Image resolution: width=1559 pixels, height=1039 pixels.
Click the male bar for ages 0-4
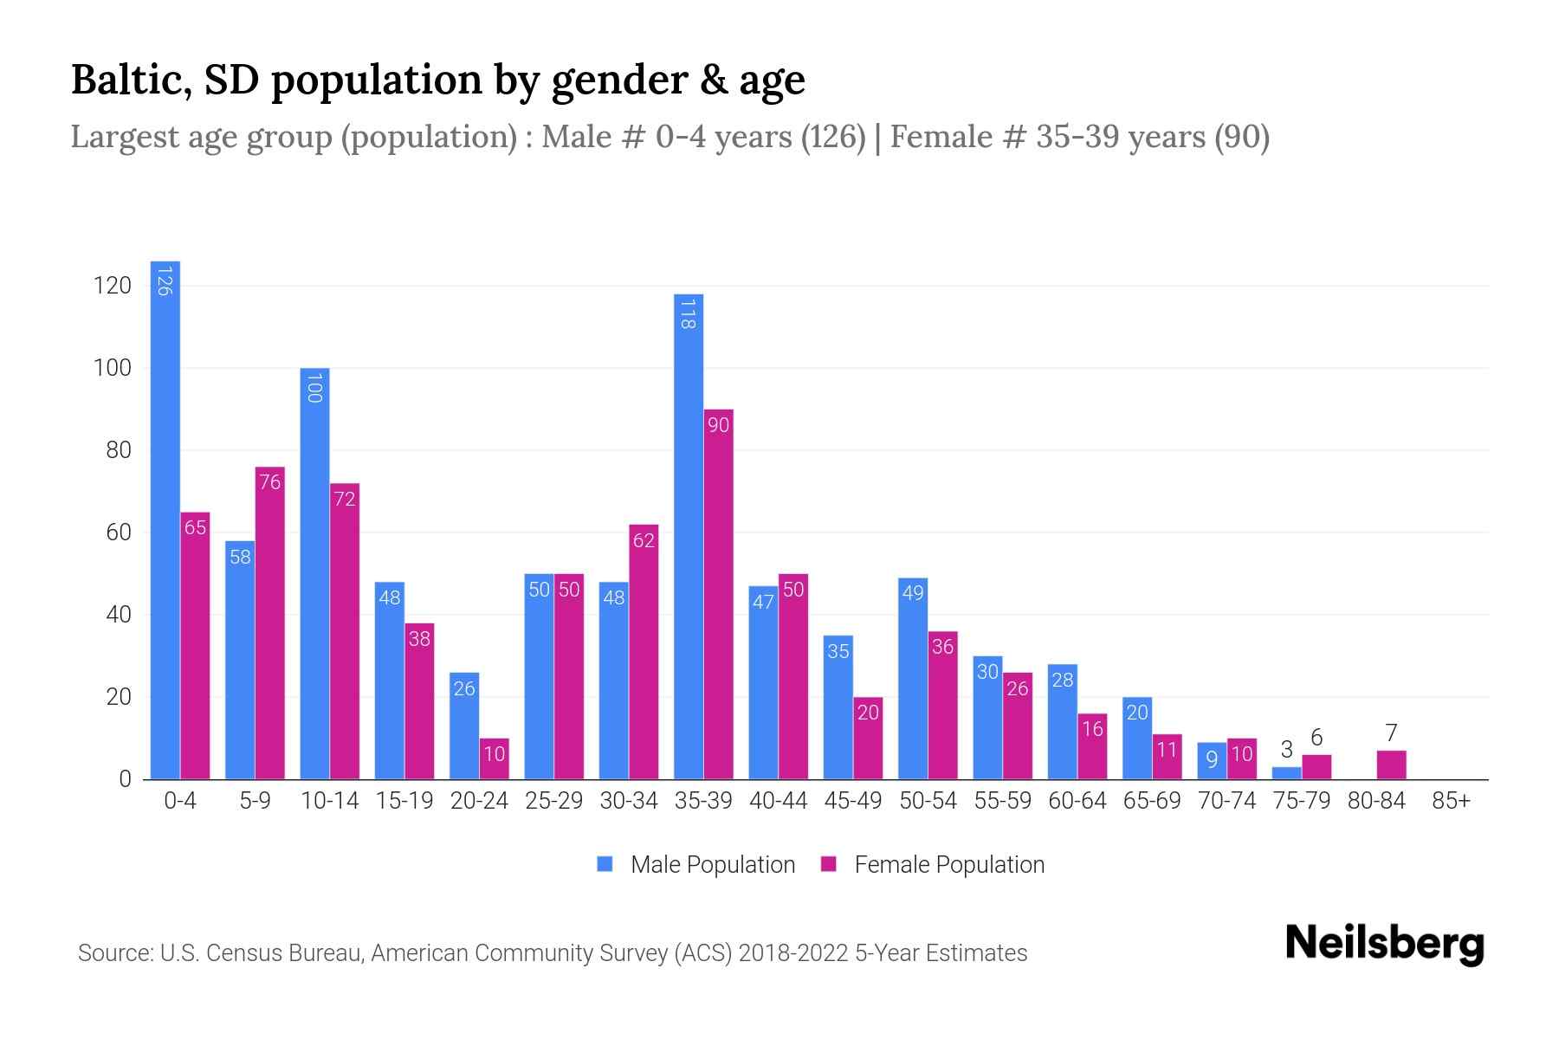click(x=165, y=519)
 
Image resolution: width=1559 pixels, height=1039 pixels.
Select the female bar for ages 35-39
click(x=719, y=597)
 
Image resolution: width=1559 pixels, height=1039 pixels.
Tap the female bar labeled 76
click(x=270, y=623)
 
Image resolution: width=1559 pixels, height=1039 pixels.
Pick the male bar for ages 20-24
click(x=464, y=727)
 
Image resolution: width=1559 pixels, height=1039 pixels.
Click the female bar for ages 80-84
click(x=1391, y=765)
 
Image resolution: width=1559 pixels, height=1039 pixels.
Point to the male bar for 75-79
click(x=1286, y=773)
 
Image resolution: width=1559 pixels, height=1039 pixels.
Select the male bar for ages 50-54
click(x=913, y=680)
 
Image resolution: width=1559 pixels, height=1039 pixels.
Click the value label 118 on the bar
click(x=688, y=313)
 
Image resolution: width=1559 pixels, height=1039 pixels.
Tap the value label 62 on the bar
click(x=644, y=541)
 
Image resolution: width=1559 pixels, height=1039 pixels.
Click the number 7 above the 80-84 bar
click(x=1391, y=733)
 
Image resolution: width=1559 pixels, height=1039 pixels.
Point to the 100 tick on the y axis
click(x=113, y=368)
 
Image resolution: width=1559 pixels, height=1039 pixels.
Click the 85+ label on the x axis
click(x=1451, y=801)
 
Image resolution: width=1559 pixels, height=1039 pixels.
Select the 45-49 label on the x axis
click(x=853, y=801)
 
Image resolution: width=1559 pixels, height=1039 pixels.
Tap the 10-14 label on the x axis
click(x=329, y=801)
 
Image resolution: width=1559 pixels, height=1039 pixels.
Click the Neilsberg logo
click(x=1384, y=944)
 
